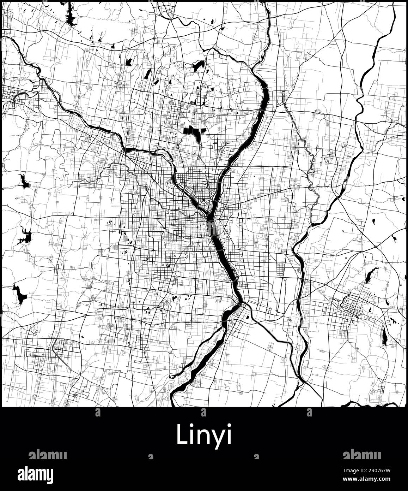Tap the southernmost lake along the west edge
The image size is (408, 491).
[20, 294]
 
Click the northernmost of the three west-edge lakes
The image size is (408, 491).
[25, 182]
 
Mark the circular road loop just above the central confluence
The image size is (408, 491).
[204, 203]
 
